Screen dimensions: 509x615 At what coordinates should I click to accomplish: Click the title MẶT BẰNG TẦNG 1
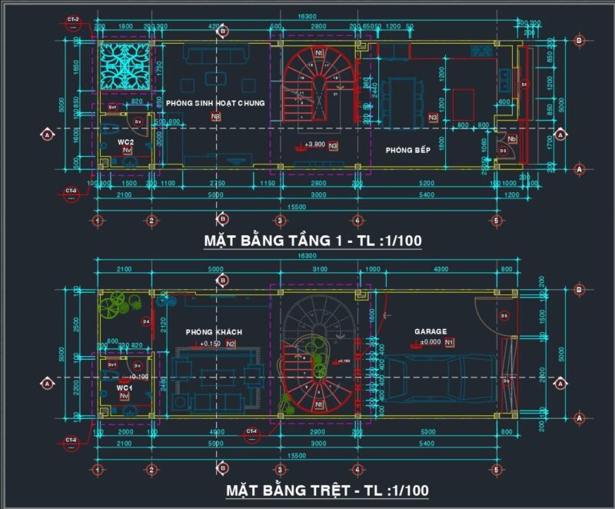click(312, 241)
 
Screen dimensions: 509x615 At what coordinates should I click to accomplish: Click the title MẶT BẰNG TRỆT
click(327, 490)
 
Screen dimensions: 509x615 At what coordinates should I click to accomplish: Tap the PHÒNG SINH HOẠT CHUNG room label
click(214, 103)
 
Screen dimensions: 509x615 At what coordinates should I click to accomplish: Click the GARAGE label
click(430, 332)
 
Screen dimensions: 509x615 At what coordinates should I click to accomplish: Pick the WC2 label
click(126, 143)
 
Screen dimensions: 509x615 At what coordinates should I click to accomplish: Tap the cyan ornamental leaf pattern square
click(123, 65)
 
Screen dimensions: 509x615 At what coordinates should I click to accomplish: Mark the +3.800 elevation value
click(314, 145)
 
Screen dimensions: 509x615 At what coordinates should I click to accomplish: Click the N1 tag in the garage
click(450, 342)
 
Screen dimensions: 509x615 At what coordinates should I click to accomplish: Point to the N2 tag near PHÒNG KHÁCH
click(230, 344)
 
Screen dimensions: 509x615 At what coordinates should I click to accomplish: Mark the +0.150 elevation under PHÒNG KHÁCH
click(210, 344)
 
